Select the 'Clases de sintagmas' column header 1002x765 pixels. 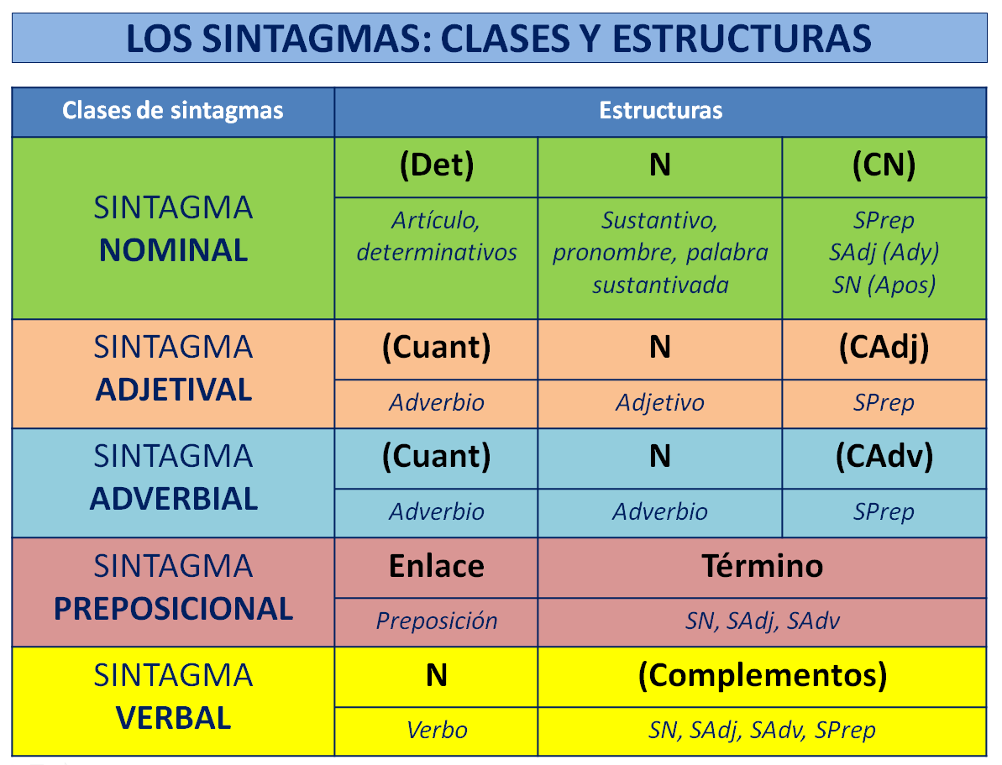tap(173, 111)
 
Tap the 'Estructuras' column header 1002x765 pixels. tap(660, 111)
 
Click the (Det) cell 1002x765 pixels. tap(436, 166)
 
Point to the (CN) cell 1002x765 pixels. tap(884, 166)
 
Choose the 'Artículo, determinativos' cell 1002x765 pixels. tap(436, 236)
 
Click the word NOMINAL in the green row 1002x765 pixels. tap(173, 251)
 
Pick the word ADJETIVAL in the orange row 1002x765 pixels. tap(173, 390)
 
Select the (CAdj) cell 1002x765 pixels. tap(884, 348)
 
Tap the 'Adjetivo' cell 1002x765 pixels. tap(660, 403)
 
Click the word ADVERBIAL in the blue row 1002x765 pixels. tap(173, 499)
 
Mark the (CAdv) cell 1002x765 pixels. tap(884, 457)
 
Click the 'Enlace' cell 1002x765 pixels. tap(436, 567)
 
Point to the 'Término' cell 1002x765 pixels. tap(762, 567)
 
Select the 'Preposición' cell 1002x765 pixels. tap(436, 621)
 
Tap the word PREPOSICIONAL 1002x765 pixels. tap(173, 609)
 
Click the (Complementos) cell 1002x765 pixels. tap(762, 676)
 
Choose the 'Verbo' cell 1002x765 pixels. tap(436, 731)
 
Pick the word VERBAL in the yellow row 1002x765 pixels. tap(173, 718)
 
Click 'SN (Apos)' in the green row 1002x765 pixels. tap(884, 286)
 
